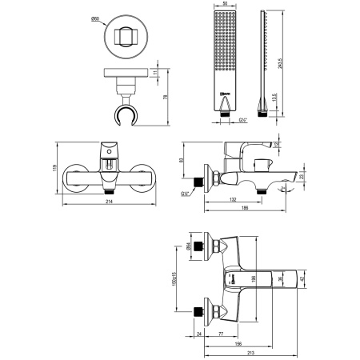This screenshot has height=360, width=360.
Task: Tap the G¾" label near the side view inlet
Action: (x=186, y=194)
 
